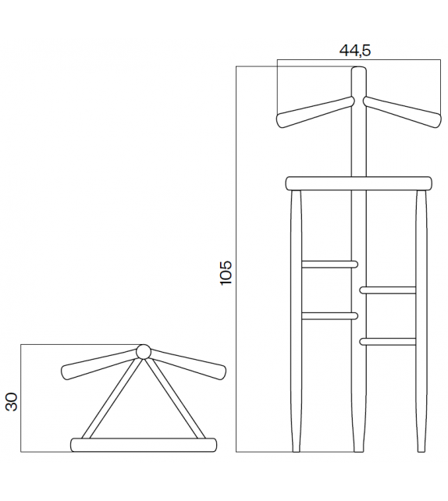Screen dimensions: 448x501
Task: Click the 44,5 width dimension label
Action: click(x=355, y=51)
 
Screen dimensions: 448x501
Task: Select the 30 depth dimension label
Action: click(x=12, y=402)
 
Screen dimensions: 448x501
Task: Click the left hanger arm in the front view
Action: click(x=315, y=112)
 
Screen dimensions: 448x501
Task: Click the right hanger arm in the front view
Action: click(x=402, y=112)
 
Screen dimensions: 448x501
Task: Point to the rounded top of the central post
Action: click(x=359, y=69)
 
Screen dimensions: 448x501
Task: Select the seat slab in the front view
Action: click(x=359, y=183)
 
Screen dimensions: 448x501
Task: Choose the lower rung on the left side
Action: click(x=330, y=316)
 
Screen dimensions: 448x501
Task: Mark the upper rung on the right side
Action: click(x=388, y=290)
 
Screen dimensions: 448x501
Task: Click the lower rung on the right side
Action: click(x=388, y=342)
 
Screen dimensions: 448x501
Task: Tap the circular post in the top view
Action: click(x=144, y=352)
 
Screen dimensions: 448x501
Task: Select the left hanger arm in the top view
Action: click(x=99, y=365)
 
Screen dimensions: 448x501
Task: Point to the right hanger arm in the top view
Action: click(x=188, y=365)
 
